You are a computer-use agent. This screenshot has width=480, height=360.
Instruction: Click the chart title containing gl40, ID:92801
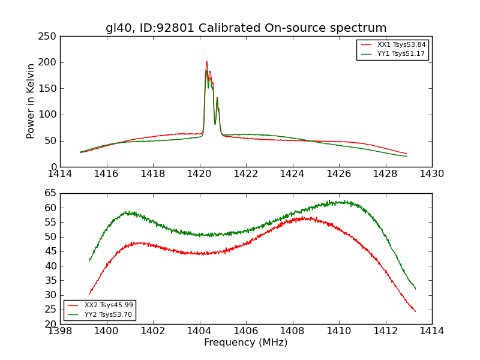[246, 28]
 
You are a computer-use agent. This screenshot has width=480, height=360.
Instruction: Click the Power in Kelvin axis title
[31, 101]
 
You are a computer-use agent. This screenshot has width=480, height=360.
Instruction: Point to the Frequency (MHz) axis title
[245, 343]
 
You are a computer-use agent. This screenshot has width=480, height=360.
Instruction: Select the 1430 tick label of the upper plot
[431, 174]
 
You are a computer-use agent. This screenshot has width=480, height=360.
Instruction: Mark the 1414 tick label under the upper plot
[60, 174]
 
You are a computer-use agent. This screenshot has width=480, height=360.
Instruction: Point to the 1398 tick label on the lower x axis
[60, 331]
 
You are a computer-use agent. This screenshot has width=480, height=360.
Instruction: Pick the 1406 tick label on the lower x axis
[246, 331]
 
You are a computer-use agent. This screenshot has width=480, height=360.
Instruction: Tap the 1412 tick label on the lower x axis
[385, 331]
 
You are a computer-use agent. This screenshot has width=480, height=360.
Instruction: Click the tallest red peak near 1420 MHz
[206, 61]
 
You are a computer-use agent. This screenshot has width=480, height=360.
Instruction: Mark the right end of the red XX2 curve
[415, 311]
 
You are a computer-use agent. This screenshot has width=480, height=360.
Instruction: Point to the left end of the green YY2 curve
[89, 260]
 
